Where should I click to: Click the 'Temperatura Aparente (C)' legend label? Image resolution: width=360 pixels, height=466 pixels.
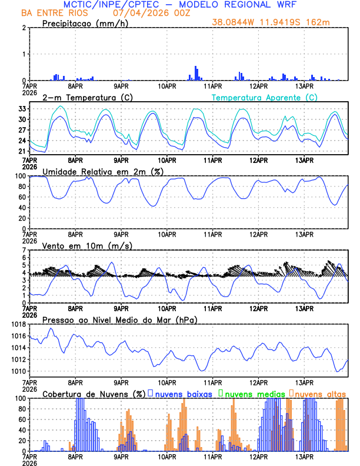tap(264, 97)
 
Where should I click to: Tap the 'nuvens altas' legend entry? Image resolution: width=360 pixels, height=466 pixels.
tap(320, 393)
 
